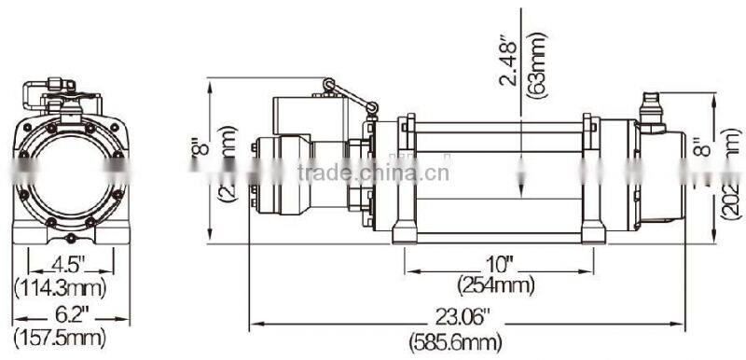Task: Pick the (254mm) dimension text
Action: (498, 283)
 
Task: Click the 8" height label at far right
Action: (704, 148)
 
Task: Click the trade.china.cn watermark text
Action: (373, 172)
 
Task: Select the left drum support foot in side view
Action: (406, 229)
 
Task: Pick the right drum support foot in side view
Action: (589, 229)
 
